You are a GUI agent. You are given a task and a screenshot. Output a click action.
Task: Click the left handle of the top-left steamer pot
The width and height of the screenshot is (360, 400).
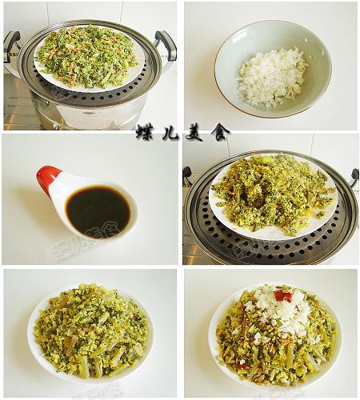click(x=11, y=44)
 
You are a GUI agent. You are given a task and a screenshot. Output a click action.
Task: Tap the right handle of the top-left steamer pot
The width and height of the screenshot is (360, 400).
click(x=166, y=44)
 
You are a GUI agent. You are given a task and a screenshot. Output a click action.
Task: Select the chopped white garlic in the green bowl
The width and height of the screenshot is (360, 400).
click(x=272, y=77)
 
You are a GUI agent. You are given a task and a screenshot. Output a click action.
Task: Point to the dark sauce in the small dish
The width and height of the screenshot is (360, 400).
click(x=98, y=211)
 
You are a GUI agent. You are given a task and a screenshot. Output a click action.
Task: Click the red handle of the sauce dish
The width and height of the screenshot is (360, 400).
click(x=47, y=177)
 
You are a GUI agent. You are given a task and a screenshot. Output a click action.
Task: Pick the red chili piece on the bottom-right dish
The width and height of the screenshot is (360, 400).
click(x=283, y=296)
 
